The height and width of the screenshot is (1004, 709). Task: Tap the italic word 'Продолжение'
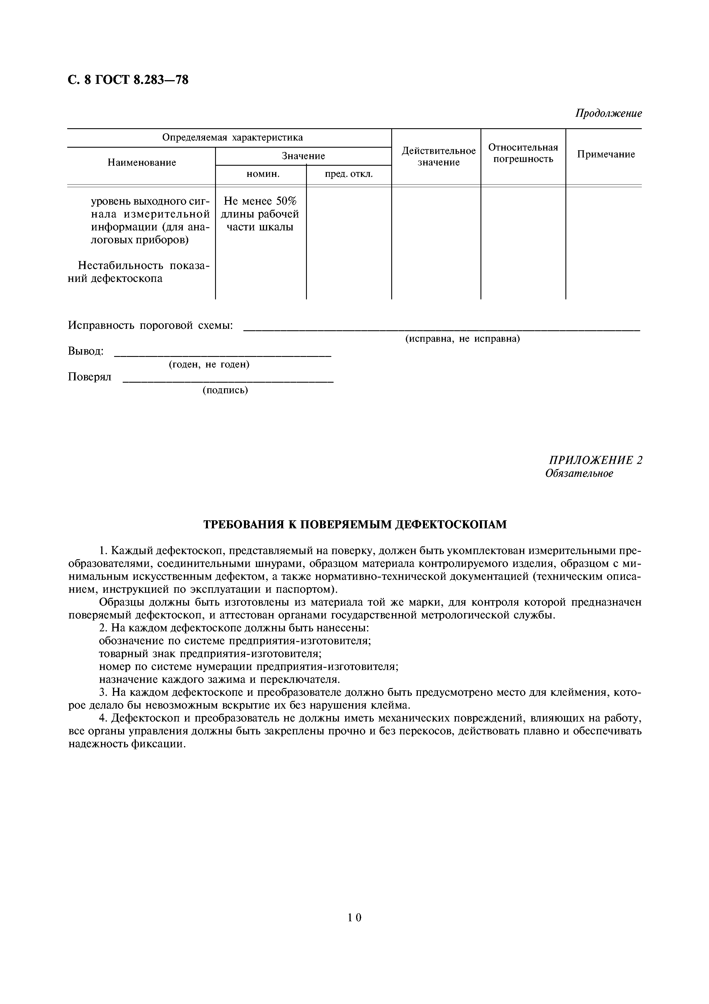point(608,114)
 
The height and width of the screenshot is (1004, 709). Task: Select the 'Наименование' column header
point(142,163)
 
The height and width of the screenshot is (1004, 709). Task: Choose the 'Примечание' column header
point(605,154)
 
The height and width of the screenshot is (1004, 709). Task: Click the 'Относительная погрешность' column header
point(523,153)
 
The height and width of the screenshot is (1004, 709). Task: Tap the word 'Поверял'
point(90,377)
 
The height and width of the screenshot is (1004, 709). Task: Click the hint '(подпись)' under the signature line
point(225,390)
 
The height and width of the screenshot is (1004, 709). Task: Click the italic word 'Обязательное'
point(579,474)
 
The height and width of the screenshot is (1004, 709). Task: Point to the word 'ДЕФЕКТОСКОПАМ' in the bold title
point(450,524)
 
